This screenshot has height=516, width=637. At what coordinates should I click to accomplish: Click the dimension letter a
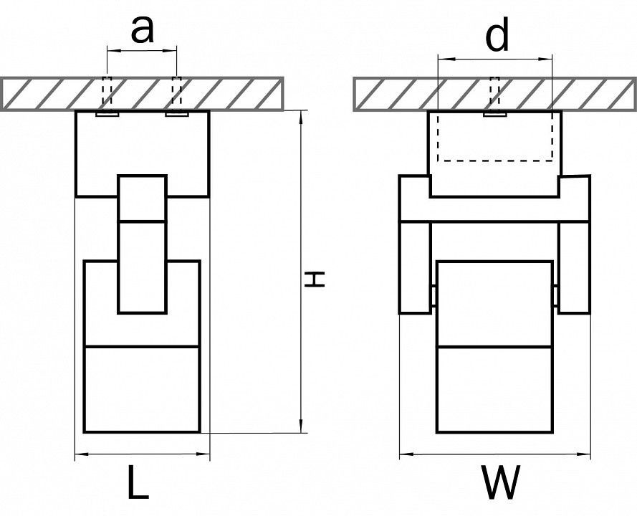[142, 31]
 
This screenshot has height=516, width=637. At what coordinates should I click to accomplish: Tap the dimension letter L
[138, 482]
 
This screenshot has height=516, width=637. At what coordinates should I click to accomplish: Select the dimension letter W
[500, 482]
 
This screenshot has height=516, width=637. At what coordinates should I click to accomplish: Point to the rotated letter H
[315, 279]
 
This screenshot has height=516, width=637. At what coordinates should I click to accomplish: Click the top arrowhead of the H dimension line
[301, 117]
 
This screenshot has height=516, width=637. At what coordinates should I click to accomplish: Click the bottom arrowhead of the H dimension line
[301, 426]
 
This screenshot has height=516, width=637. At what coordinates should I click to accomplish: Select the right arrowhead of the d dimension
[545, 59]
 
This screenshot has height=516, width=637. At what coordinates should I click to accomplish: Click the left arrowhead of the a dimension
[114, 50]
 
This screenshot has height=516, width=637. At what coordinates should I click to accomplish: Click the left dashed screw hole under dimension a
[107, 93]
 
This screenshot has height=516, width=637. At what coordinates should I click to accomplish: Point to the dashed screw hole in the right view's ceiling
[494, 93]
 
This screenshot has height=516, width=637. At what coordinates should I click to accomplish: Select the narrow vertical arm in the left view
[142, 244]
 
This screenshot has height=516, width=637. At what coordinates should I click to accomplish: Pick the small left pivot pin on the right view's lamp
[434, 295]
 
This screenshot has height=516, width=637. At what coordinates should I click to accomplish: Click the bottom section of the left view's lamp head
[142, 389]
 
